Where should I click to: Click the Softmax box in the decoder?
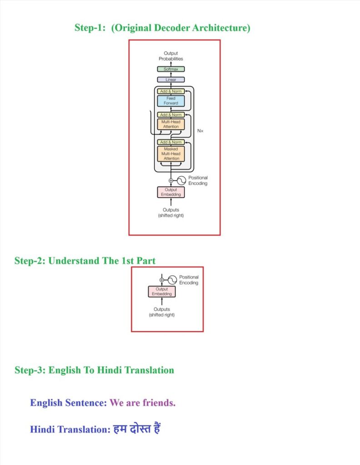point(171,69)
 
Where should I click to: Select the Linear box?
point(171,79)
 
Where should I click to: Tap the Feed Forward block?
point(171,101)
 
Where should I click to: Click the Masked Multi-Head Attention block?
point(171,153)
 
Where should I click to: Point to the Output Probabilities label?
point(171,56)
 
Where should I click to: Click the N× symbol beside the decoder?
point(200,130)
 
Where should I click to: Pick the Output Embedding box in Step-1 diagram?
point(171,192)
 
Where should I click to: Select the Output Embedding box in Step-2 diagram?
point(162,292)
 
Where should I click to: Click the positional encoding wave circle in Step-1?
point(181,180)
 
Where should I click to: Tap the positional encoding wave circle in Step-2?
point(172,280)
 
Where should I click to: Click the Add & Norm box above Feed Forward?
point(171,91)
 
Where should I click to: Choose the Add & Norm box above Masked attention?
point(171,142)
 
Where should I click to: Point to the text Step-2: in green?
point(30,261)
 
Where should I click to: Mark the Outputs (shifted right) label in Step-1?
point(171,213)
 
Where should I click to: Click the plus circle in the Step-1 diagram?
point(171,180)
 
